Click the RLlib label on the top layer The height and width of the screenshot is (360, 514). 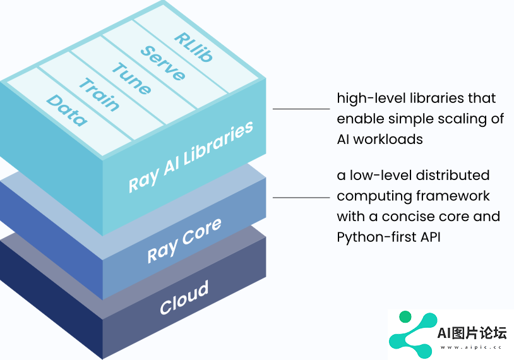pos(193,47)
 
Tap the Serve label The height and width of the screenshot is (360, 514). pos(163,63)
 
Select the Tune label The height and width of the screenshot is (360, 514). pos(131,78)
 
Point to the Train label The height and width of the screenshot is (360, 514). pos(99,95)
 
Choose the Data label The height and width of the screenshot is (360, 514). pos(67,111)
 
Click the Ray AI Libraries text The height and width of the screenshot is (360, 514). pos(191,157)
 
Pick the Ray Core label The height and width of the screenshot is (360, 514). pos(184,241)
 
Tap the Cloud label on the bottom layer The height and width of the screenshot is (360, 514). pos(184,297)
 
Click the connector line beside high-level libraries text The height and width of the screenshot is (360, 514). pos(301,109)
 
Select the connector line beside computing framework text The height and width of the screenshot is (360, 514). pos(301,198)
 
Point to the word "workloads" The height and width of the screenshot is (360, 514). pos(388,140)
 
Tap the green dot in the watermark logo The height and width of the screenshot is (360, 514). pos(405,316)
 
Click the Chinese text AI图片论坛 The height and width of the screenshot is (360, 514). pos(472,333)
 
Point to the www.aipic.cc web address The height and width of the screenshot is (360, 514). pos(471,347)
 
